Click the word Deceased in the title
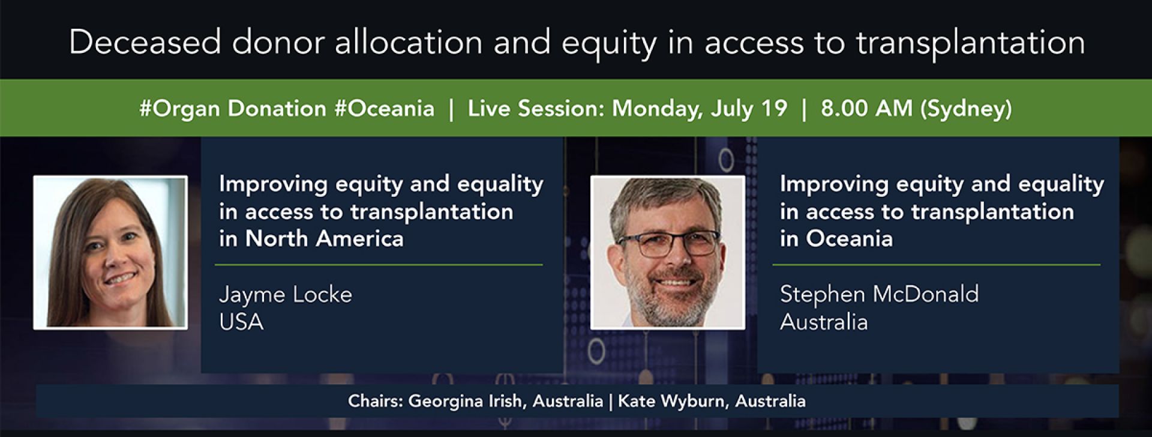tap(145, 43)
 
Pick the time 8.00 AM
tap(866, 109)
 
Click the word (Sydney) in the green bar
tap(966, 109)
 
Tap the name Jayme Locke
tap(286, 295)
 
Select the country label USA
tap(241, 322)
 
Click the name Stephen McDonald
tap(879, 295)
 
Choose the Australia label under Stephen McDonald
tap(824, 322)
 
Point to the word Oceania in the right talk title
tap(849, 239)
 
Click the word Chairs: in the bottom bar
tap(376, 401)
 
